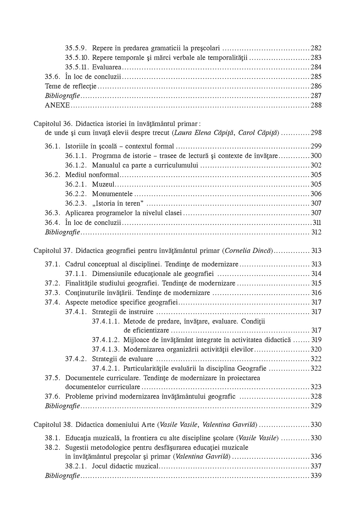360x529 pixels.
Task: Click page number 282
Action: coord(316,48)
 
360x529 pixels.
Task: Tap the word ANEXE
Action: coord(58,105)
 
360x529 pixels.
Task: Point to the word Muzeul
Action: coord(104,184)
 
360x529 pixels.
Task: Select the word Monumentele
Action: coord(112,194)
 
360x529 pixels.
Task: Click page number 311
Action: coord(317,222)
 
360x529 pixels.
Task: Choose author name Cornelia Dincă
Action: coord(248,251)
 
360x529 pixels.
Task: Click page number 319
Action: coord(316,340)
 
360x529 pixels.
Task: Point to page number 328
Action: coord(316,396)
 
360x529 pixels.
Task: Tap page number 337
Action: coord(316,466)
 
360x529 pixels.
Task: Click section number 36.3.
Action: coord(53,213)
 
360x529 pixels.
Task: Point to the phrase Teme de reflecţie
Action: coord(71,86)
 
